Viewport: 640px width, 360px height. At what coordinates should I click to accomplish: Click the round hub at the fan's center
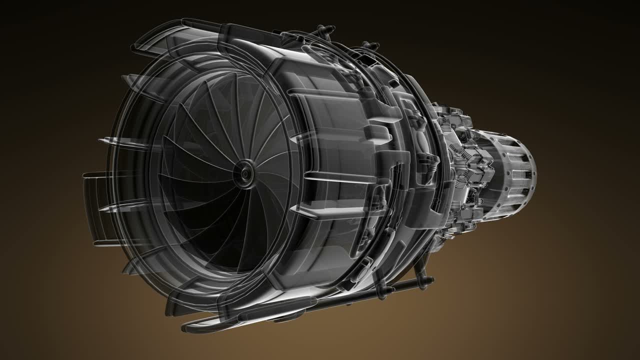[245, 171]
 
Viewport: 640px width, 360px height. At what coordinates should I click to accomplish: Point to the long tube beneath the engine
[320, 305]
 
